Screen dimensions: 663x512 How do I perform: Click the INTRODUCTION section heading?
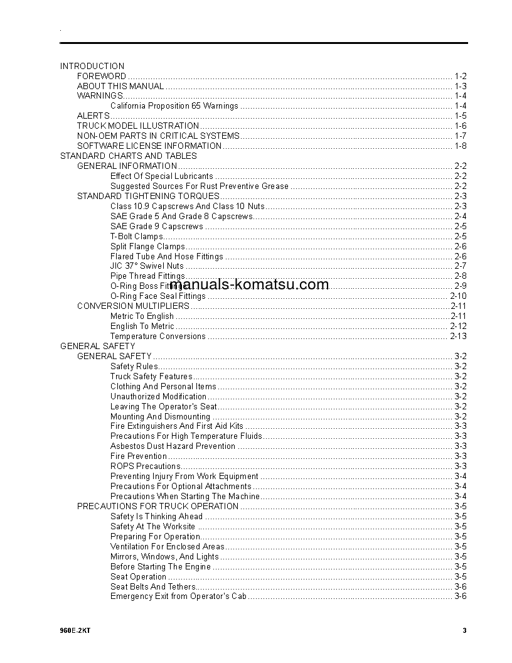[92, 66]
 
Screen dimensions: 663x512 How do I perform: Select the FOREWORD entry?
[102, 76]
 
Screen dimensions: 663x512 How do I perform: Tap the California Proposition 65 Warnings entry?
[174, 106]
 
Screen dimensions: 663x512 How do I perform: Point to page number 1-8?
[460, 146]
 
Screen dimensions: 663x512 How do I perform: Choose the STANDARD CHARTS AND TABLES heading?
[128, 156]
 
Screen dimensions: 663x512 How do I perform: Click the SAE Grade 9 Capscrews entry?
[157, 226]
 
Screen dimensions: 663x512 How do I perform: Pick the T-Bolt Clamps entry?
[136, 236]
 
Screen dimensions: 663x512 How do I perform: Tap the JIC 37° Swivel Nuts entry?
[147, 266]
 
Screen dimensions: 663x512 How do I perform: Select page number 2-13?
[458, 337]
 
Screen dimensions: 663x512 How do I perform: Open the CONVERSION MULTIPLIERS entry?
[133, 306]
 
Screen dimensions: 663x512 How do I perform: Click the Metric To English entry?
[142, 316]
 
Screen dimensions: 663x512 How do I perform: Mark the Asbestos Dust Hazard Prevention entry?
[173, 446]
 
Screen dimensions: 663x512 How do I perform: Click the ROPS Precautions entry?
[139, 466]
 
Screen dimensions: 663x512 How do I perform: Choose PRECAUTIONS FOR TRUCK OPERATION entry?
[157, 506]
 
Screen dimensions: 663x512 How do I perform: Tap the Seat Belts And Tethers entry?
[152, 586]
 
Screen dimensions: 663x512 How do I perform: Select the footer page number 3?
[464, 630]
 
